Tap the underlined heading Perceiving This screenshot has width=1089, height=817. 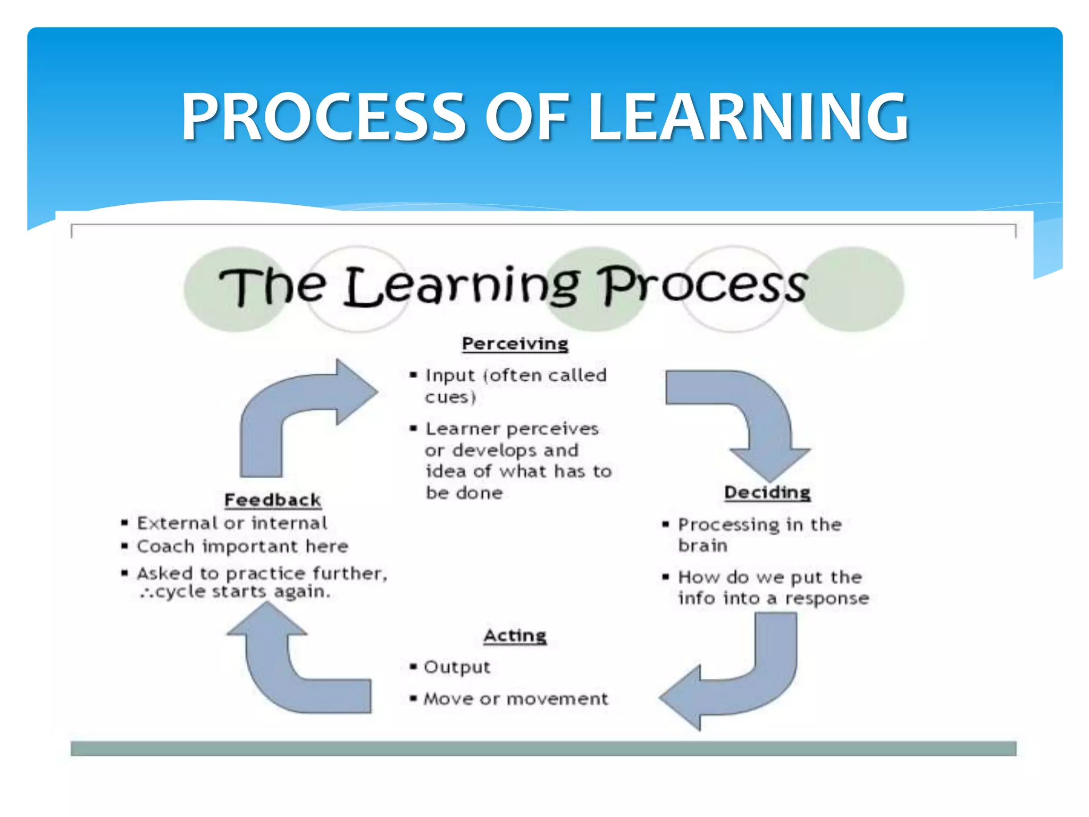(x=515, y=344)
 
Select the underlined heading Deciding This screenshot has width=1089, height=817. (x=767, y=493)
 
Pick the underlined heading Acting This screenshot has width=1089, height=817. (x=515, y=636)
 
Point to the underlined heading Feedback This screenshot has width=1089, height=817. (x=272, y=500)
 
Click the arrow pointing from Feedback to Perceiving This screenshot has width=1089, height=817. (x=298, y=415)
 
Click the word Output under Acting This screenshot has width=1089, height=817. (x=457, y=668)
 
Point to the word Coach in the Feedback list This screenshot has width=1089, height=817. (x=165, y=547)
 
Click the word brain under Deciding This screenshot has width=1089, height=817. (x=702, y=546)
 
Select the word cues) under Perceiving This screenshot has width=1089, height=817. (x=450, y=397)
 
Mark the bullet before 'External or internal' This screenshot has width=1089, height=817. (x=124, y=523)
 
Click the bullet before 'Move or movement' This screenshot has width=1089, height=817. (x=413, y=698)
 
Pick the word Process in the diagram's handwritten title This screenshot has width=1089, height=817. (x=702, y=286)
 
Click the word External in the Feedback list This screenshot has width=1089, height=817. (x=177, y=523)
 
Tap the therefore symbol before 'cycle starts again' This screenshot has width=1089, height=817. (x=146, y=593)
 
